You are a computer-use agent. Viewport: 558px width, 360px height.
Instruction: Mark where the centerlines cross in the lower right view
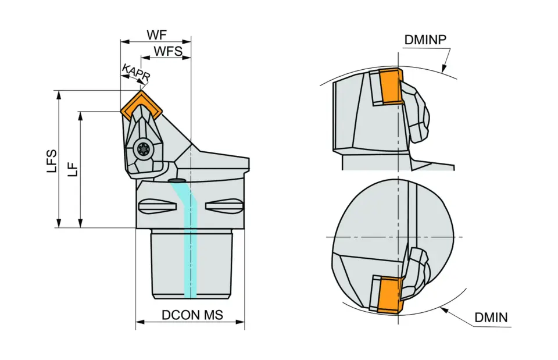[398, 237]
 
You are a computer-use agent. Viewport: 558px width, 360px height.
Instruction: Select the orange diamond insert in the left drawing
[141, 104]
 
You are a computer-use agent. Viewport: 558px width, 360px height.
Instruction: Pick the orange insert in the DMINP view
[391, 86]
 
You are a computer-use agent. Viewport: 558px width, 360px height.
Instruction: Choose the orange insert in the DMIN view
[390, 295]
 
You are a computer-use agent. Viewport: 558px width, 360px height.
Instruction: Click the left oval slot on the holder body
[157, 206]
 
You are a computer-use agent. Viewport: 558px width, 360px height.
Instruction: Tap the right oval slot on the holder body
[224, 206]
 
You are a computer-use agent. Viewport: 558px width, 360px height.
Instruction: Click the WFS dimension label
[168, 51]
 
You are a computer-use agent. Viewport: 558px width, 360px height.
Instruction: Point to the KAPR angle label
[136, 72]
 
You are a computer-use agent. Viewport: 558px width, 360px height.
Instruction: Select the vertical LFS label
[52, 161]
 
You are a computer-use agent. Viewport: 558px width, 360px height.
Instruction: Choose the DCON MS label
[192, 315]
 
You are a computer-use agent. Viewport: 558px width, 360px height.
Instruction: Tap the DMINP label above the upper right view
[425, 40]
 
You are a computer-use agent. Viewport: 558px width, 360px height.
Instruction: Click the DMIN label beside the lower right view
[491, 318]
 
